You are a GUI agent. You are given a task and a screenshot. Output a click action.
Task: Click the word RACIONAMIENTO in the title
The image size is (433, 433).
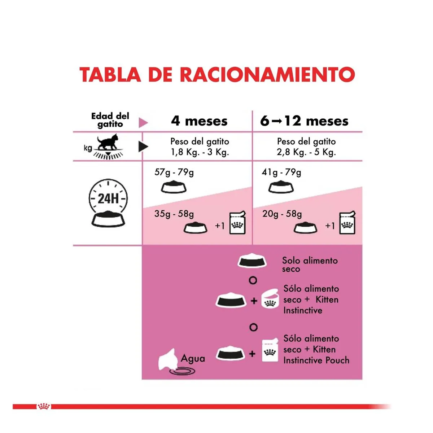tap(267, 75)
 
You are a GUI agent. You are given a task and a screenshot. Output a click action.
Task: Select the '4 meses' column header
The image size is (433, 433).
tap(199, 121)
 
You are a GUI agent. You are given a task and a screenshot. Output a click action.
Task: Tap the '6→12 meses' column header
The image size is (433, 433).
tap(304, 121)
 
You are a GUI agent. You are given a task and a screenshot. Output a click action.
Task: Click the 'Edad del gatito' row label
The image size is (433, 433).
tap(110, 120)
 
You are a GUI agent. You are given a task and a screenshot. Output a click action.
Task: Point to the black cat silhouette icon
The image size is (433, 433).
tap(108, 142)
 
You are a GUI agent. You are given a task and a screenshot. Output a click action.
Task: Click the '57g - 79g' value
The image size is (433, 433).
tap(174, 172)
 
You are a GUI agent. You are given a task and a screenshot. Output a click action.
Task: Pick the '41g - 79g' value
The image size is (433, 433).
tap(281, 172)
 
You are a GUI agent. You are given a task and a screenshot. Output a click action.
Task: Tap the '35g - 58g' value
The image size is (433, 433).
tap(174, 214)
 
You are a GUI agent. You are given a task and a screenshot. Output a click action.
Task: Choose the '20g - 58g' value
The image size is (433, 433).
tap(282, 214)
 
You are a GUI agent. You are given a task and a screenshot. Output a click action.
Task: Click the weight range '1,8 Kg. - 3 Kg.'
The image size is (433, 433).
tap(200, 152)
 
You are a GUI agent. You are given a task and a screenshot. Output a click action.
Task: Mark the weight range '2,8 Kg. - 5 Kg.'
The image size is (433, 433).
tap(306, 152)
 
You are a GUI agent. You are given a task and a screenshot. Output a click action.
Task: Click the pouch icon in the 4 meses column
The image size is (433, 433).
tap(237, 222)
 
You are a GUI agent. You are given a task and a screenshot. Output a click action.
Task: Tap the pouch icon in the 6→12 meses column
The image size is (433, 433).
tap(347, 223)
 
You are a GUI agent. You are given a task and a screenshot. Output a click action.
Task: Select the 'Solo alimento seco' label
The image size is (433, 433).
tap(310, 264)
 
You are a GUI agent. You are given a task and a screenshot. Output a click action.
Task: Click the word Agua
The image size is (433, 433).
tap(193, 358)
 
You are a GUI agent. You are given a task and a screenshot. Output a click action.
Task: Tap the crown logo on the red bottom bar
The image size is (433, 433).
tap(44, 407)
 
